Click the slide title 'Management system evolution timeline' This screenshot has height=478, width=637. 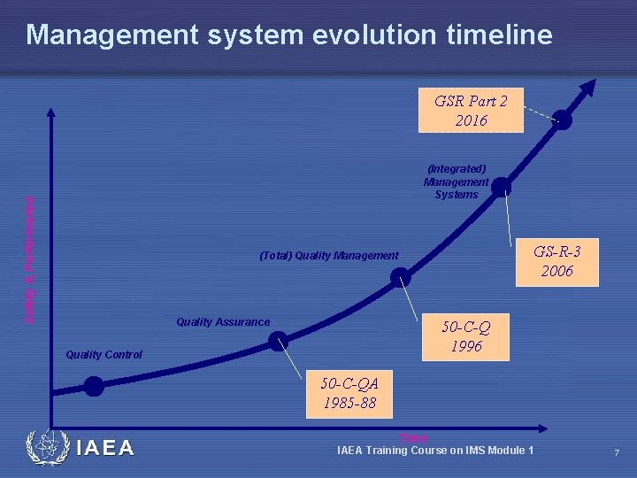[288, 35]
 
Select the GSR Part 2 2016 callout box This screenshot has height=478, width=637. [471, 110]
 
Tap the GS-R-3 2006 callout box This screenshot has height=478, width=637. [556, 261]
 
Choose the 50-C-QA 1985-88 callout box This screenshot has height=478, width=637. [350, 392]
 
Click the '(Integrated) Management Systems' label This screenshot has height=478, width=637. [456, 181]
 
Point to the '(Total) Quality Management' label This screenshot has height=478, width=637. [328, 256]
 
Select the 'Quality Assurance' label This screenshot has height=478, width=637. [223, 322]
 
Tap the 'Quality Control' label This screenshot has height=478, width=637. [104, 355]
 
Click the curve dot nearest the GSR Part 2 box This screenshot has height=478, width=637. [562, 120]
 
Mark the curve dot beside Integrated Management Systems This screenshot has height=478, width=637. [501, 186]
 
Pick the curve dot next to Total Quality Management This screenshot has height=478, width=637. [402, 277]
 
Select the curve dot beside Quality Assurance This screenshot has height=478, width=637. [279, 341]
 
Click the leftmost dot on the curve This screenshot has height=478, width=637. [94, 386]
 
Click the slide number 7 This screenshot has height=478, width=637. [617, 453]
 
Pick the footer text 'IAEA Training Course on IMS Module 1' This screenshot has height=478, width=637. [435, 451]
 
